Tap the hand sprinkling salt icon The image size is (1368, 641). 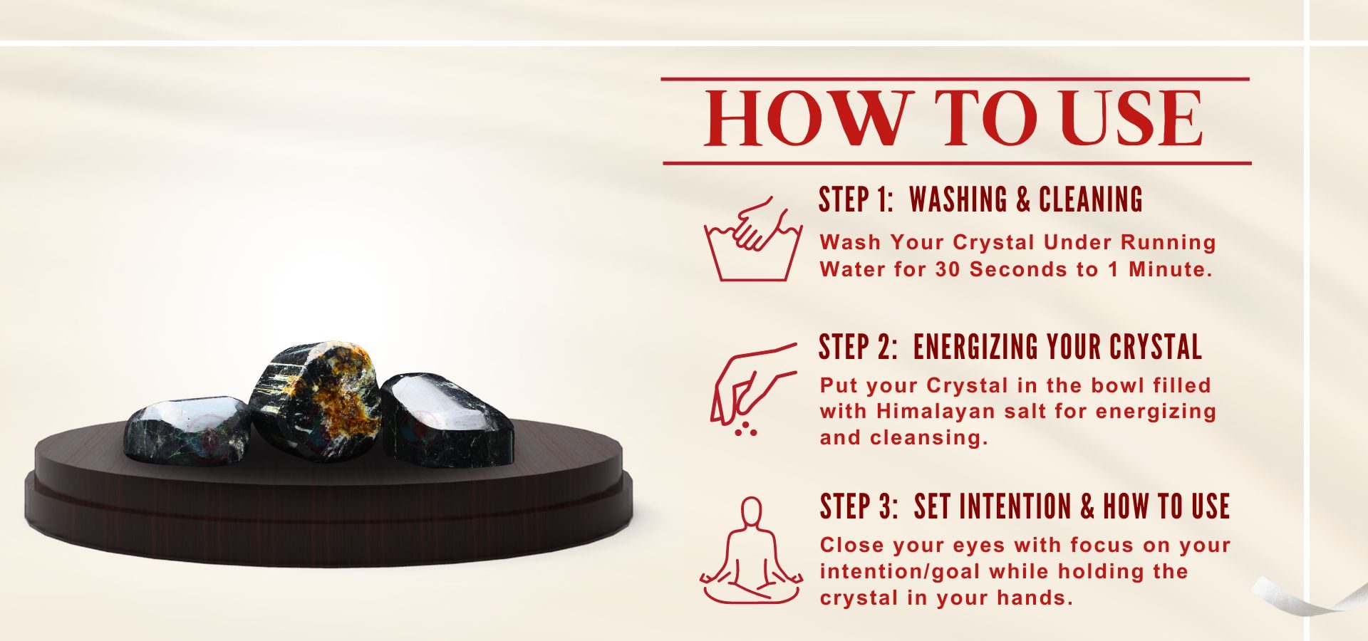pyautogui.click(x=752, y=389)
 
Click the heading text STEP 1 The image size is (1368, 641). pyautogui.click(x=856, y=199)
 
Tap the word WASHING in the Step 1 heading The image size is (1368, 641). pyautogui.click(x=958, y=199)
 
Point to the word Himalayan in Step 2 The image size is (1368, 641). pyautogui.click(x=936, y=412)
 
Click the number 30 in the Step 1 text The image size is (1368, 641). pyautogui.click(x=948, y=269)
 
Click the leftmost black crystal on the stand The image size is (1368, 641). pyautogui.click(x=187, y=429)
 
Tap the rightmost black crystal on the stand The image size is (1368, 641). pyautogui.click(x=447, y=420)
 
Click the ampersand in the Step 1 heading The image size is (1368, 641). pyautogui.click(x=1023, y=200)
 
